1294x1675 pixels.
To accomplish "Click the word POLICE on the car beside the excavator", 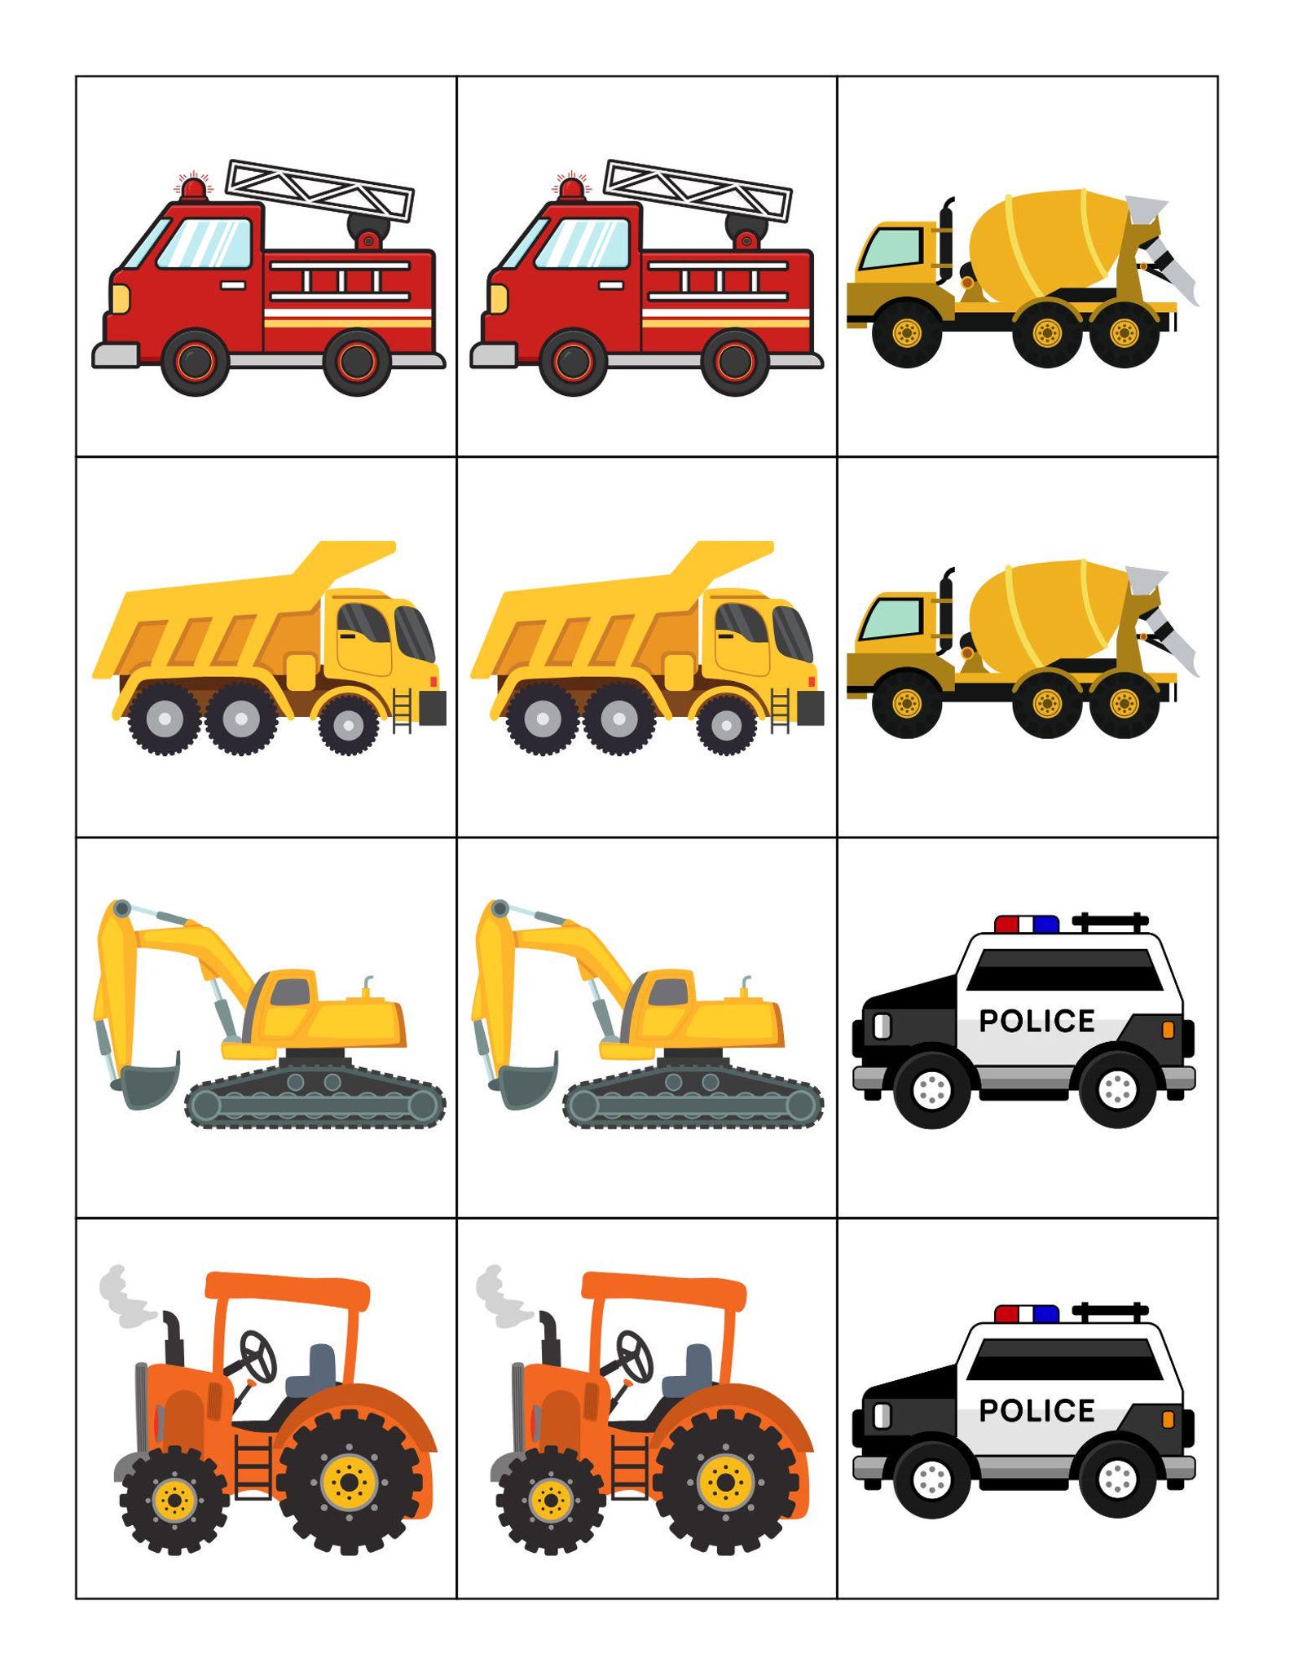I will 1036,1021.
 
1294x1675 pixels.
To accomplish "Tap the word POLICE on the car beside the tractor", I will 1036,1410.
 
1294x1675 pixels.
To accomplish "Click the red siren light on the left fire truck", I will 194,188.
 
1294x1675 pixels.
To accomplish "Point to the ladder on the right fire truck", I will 698,191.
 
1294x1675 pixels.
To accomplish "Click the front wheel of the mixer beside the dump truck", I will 906,702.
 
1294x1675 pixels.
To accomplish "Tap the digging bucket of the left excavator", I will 152,1080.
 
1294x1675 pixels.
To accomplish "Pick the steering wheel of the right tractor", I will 634,1356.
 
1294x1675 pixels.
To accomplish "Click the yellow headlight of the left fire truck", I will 120,298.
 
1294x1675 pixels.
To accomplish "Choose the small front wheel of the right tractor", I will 550,1499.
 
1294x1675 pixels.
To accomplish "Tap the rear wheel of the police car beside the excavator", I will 1117,1088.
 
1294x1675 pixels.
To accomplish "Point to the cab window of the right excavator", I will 668,992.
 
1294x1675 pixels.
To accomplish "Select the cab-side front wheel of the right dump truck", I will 724,723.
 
